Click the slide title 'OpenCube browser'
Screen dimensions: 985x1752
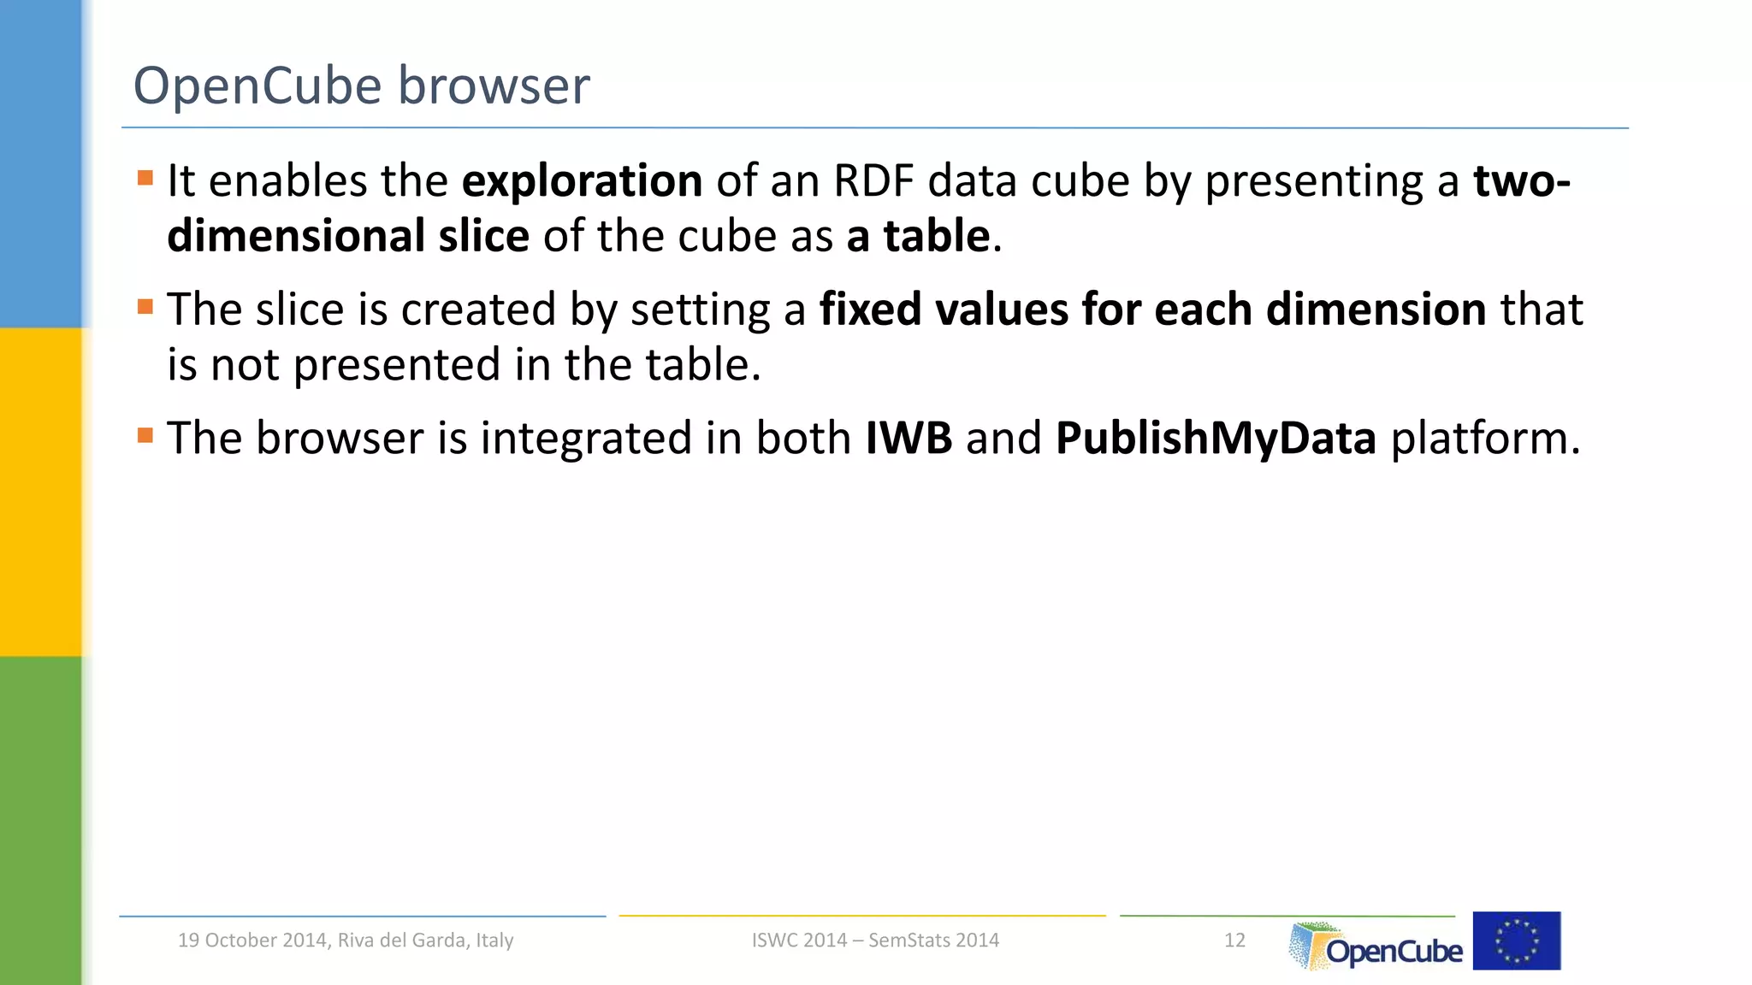(361, 86)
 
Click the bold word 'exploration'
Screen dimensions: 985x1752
(582, 181)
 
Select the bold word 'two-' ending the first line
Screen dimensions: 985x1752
(1521, 181)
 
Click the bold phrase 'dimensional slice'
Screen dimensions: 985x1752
(348, 236)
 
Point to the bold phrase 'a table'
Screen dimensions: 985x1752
(918, 236)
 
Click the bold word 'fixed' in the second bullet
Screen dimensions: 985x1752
(870, 310)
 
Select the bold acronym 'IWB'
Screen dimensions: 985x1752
(909, 438)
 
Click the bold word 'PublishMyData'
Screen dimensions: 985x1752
(1216, 438)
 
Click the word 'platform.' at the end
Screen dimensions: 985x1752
(1485, 438)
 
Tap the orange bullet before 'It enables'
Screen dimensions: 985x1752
(145, 179)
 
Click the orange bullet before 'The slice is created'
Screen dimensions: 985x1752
(145, 307)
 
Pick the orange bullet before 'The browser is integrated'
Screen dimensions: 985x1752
(145, 436)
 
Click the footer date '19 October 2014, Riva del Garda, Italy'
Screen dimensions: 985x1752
(346, 940)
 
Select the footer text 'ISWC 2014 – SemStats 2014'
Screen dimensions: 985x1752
(875, 940)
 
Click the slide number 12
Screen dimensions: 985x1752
(1234, 940)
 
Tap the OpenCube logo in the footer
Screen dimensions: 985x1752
(1376, 945)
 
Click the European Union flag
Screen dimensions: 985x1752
(1517, 941)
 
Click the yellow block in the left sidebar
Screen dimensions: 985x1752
(40, 492)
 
